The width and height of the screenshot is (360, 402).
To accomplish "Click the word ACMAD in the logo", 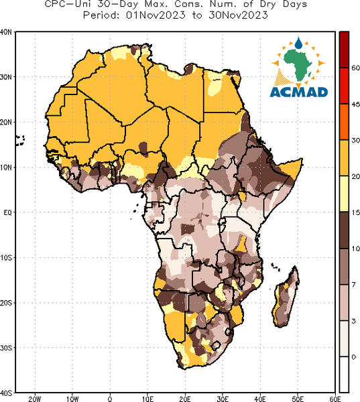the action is click(x=299, y=92).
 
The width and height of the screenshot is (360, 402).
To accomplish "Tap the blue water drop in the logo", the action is click(x=298, y=43).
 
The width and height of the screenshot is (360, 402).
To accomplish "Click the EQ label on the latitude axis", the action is click(x=7, y=212).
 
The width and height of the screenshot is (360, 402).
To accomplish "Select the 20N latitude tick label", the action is click(x=5, y=123).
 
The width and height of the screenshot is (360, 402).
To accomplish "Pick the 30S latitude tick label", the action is click(x=5, y=348).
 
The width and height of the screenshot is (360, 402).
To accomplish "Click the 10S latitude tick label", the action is click(x=5, y=258).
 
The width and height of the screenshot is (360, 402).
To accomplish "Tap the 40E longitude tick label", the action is click(x=260, y=399).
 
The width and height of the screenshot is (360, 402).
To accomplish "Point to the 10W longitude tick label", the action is click(x=72, y=399).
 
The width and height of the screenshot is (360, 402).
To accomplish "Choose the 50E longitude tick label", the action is click(x=298, y=399).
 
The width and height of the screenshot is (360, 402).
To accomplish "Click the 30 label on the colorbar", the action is click(x=355, y=141).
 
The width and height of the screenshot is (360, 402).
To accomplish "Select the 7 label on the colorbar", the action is click(x=354, y=285).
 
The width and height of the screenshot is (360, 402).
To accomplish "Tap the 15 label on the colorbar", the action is click(x=355, y=212).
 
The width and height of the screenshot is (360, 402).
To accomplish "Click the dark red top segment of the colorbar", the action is click(x=344, y=50).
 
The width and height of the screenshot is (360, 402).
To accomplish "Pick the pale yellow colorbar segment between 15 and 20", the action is click(x=344, y=194).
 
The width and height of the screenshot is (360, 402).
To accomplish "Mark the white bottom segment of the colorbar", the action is click(x=344, y=375).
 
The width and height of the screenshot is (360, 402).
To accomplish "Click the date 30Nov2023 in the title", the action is click(x=239, y=15).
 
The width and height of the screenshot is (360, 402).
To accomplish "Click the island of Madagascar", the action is click(x=286, y=297).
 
